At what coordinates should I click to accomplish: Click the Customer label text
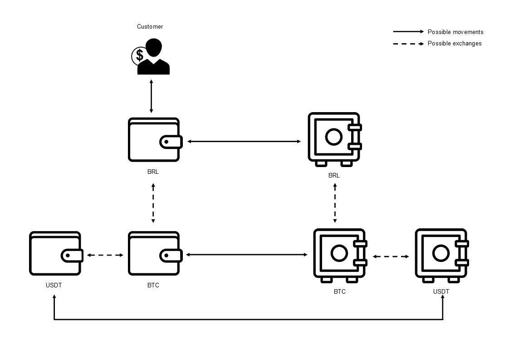150,27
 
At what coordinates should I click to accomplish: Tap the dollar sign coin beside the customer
139,56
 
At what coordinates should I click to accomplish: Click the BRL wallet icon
154,140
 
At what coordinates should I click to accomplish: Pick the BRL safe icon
334,139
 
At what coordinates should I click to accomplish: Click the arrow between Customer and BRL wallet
152,96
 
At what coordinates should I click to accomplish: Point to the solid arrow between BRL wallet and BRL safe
244,142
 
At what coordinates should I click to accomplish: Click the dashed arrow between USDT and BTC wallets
105,255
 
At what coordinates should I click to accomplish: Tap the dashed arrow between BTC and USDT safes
391,256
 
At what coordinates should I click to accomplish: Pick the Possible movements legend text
455,32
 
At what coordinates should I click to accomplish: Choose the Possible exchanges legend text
455,44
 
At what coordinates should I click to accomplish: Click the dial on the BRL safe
333,137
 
